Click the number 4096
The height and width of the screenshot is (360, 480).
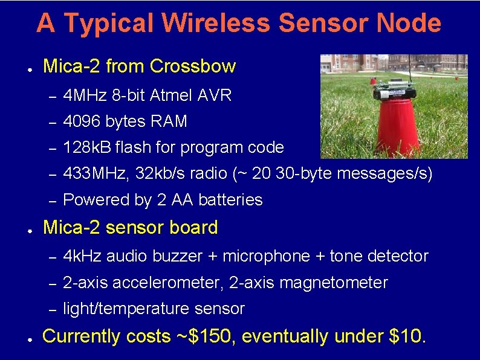[82, 121]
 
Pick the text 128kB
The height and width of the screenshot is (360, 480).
[87, 147]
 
